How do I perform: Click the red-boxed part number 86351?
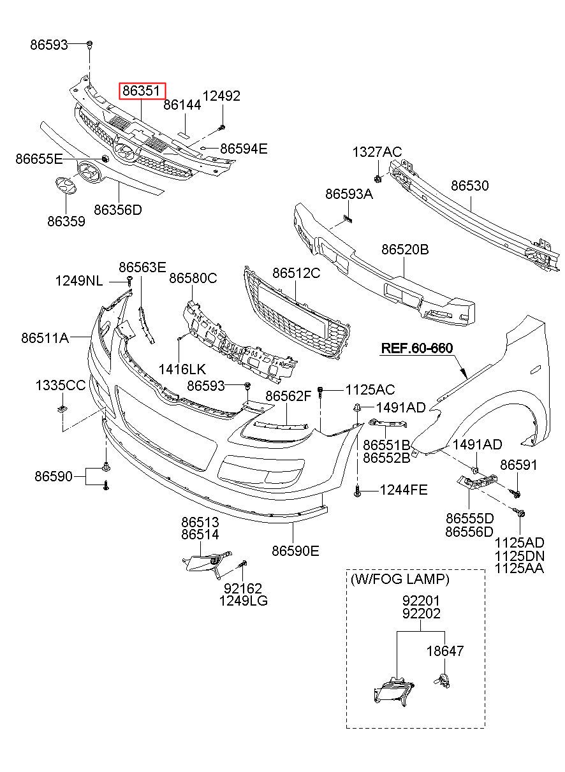[142, 91]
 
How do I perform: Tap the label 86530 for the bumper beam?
[470, 186]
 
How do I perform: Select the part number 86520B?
[405, 249]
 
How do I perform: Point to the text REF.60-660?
[416, 347]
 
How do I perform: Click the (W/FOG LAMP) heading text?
[400, 579]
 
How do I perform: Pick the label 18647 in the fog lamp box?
[445, 651]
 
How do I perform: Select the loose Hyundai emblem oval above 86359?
[66, 186]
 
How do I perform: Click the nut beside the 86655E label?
[105, 159]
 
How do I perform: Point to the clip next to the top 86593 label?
[89, 45]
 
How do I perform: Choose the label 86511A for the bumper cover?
[45, 338]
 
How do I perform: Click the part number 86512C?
[296, 273]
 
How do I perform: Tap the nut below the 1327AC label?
[377, 178]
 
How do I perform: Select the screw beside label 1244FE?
[357, 490]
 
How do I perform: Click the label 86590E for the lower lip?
[295, 551]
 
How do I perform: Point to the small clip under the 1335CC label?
[62, 409]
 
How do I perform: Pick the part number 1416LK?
[182, 369]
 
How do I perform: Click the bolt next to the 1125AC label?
[321, 391]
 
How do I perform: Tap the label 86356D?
[118, 210]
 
